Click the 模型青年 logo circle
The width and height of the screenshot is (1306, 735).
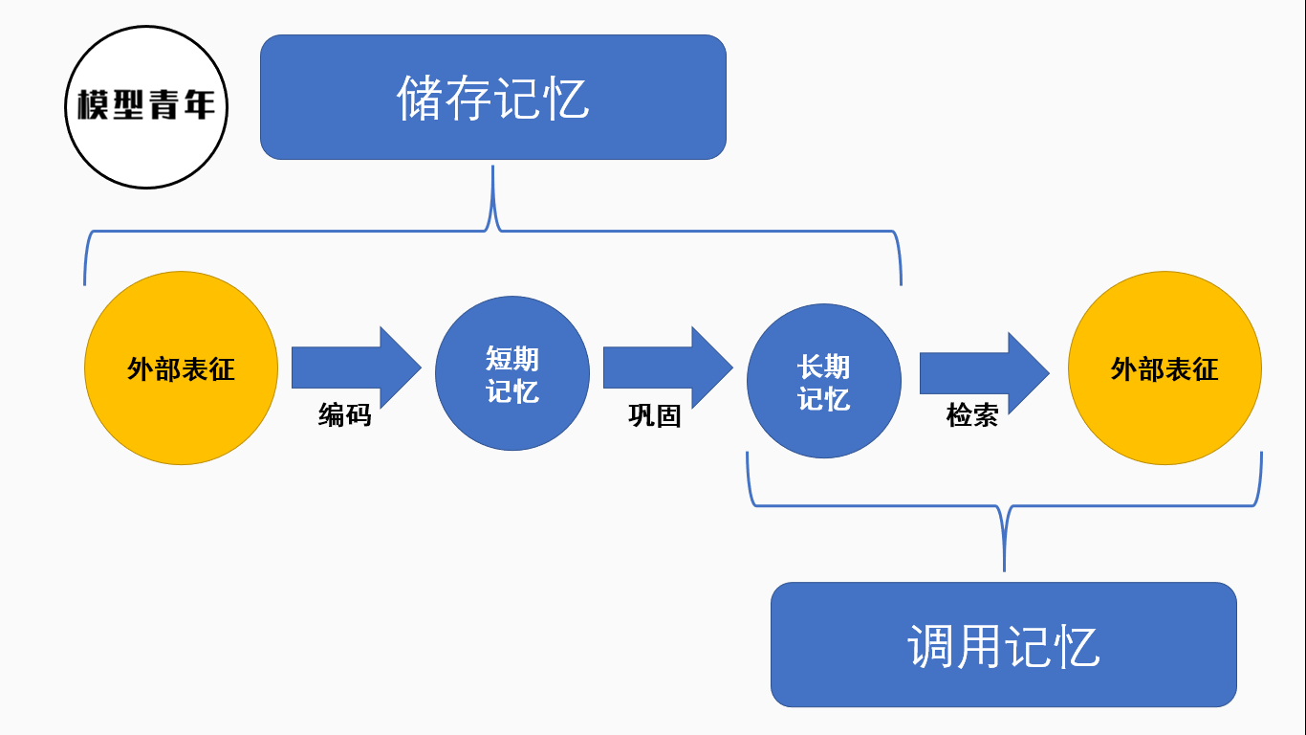[147, 106]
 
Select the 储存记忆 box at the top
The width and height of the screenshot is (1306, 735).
[492, 97]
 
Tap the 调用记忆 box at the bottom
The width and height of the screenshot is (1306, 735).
[1003, 644]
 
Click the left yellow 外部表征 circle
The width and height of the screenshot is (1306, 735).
[182, 368]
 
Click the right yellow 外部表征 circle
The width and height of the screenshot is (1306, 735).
[1165, 368]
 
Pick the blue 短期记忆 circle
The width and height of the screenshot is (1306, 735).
[512, 373]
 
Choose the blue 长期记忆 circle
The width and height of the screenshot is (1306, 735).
[823, 381]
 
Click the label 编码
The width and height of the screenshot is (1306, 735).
[344, 415]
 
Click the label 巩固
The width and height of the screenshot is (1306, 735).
[655, 415]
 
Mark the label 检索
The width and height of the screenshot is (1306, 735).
[972, 415]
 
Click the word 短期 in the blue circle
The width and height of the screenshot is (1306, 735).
[512, 359]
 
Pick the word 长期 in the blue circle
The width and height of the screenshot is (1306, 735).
[823, 367]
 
